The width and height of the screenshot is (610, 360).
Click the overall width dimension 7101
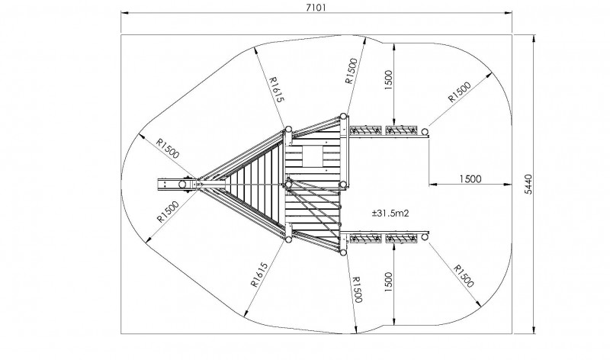tap(315, 8)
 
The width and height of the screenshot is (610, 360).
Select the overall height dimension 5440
tap(528, 184)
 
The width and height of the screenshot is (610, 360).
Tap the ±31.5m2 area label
tap(390, 213)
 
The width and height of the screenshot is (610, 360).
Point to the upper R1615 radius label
tap(277, 89)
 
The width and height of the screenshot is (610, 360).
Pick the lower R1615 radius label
tap(259, 275)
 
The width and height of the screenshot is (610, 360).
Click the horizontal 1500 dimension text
tap(470, 179)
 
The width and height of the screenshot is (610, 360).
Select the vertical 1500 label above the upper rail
tap(389, 80)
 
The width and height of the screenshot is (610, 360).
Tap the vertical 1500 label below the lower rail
tap(389, 282)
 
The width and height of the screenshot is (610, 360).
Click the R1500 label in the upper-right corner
tap(460, 92)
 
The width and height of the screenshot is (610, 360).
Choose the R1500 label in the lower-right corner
tap(464, 276)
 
